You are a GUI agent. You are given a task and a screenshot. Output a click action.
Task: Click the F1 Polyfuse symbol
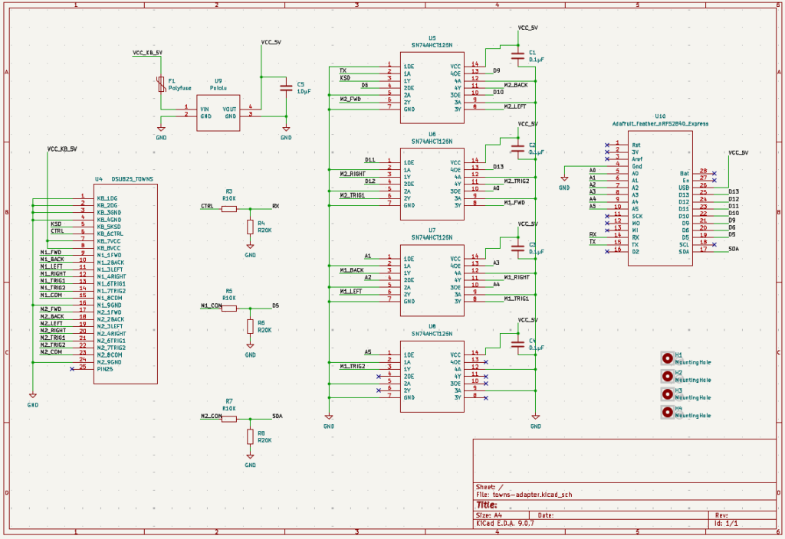(x=161, y=84)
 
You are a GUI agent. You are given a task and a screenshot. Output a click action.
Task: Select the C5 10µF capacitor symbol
(x=286, y=88)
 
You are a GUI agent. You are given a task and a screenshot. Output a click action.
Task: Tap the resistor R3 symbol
(x=229, y=207)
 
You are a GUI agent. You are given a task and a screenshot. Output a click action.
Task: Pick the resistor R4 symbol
(x=250, y=227)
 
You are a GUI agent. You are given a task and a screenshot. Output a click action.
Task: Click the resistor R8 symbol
(x=250, y=437)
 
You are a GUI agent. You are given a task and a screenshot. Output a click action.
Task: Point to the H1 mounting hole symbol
(x=668, y=357)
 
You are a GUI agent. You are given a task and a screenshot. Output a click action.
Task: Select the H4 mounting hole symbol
(x=668, y=412)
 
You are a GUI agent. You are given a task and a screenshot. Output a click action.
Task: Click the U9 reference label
(x=218, y=80)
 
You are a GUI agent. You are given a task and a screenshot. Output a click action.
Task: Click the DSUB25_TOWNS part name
(x=132, y=178)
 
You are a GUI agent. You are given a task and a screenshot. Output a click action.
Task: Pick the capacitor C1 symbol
(x=517, y=54)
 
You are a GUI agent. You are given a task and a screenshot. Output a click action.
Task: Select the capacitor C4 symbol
(x=517, y=344)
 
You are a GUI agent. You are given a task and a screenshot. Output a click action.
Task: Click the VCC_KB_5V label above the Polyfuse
(x=147, y=53)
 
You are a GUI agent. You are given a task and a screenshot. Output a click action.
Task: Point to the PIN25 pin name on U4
(x=105, y=369)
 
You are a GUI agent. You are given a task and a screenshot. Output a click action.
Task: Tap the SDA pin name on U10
(x=685, y=250)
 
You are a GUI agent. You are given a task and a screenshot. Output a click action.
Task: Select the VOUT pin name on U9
(x=229, y=109)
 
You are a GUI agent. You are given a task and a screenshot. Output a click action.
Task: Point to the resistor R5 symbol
(x=229, y=306)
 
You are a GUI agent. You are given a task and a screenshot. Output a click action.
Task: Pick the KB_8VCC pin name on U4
(x=109, y=248)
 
